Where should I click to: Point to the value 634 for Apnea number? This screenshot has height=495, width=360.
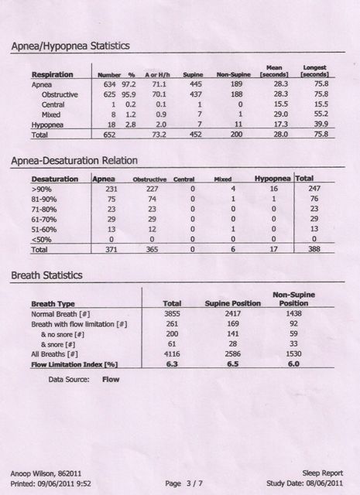point(105,85)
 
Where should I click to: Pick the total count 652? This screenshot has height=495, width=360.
point(105,134)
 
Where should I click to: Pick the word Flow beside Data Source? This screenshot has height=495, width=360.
point(110,380)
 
